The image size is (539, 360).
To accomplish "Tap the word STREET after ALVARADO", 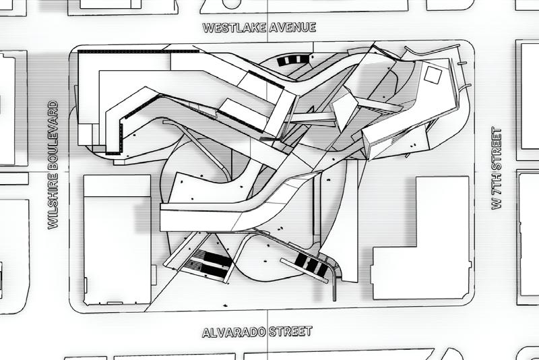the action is (x=291, y=332).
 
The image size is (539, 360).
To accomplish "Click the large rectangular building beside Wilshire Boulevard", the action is (x=117, y=240).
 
